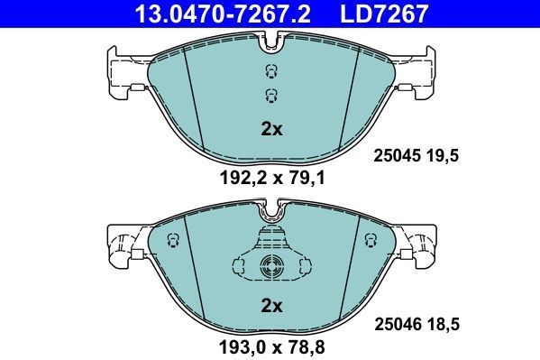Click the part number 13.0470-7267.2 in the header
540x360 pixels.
click(x=223, y=14)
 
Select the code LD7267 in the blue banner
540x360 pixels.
click(x=384, y=14)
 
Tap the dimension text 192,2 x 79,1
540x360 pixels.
click(x=272, y=179)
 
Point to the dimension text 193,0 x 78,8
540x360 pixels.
click(x=272, y=346)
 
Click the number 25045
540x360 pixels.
click(x=397, y=156)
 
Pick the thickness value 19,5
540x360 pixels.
click(x=443, y=156)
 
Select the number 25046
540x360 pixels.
click(x=398, y=324)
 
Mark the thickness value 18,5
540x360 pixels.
click(x=443, y=324)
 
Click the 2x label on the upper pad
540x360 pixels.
click(x=271, y=129)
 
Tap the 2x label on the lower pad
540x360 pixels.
click(x=271, y=306)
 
